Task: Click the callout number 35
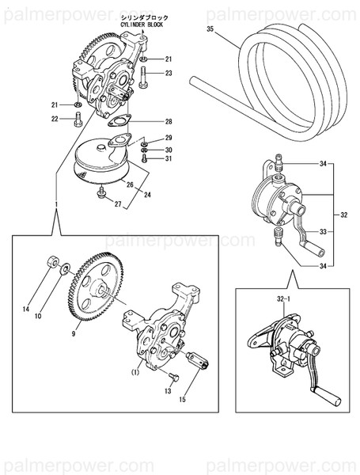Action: [210, 29]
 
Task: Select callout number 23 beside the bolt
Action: [169, 73]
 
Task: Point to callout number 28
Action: [169, 121]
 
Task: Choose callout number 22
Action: [55, 120]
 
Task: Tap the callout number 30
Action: [169, 149]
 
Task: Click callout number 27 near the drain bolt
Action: [119, 204]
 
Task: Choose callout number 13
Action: [168, 390]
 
